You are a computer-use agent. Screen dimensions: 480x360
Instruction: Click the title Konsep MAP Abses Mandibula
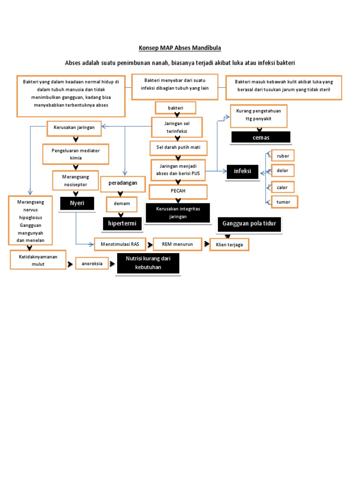point(180,48)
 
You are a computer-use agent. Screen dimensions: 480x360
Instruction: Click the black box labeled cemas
point(261,137)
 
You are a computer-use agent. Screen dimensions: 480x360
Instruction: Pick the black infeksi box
point(242,171)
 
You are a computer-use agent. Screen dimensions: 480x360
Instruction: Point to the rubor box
point(283,156)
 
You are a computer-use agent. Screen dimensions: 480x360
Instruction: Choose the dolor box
point(283,171)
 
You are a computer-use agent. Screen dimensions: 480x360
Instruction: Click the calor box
point(283,187)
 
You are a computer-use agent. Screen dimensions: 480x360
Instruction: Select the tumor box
point(284,202)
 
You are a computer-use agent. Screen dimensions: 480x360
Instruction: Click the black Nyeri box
point(77,203)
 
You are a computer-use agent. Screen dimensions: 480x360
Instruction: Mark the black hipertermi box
point(122,224)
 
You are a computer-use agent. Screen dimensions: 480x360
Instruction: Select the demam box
point(121,204)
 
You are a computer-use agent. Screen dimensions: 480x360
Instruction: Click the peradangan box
point(123,183)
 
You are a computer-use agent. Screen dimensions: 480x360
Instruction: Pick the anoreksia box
point(92,264)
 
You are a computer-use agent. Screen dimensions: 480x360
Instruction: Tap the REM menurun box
point(177,244)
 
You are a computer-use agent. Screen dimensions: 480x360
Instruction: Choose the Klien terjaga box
point(230,245)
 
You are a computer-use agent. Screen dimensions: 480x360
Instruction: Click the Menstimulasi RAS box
point(120,244)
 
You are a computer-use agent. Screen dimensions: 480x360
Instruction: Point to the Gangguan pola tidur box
point(249,225)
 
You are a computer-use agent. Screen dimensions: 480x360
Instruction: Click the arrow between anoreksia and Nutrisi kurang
point(112,264)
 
